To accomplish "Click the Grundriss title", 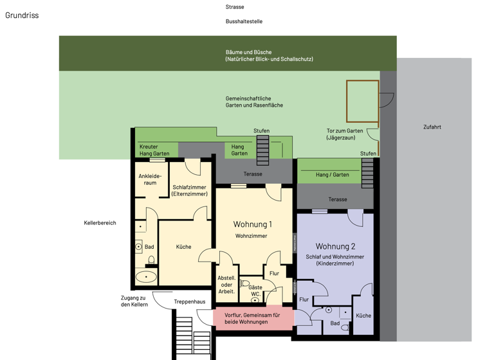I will pyautogui.click(x=22, y=15).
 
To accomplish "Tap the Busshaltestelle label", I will pyautogui.click(x=244, y=21).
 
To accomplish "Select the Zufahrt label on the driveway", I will pyautogui.click(x=432, y=127).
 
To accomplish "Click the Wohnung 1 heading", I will pyautogui.click(x=252, y=224).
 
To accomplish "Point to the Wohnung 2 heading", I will pyautogui.click(x=335, y=246).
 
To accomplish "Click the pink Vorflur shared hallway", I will pyautogui.click(x=253, y=318).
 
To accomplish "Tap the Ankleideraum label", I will pyautogui.click(x=150, y=179).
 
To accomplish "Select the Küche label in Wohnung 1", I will pyautogui.click(x=183, y=246).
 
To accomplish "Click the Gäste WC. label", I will pyautogui.click(x=255, y=291).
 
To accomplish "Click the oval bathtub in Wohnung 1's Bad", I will pyautogui.click(x=146, y=277).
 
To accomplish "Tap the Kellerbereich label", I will pyautogui.click(x=100, y=222).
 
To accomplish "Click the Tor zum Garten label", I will pyautogui.click(x=345, y=134).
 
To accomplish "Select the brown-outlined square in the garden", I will pyautogui.click(x=363, y=101).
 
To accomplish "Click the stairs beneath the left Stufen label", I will pyautogui.click(x=262, y=150).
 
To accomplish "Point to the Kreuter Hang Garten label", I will pyautogui.click(x=154, y=150).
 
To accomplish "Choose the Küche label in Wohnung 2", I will pyautogui.click(x=363, y=316).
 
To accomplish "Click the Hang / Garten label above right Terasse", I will pyautogui.click(x=332, y=174).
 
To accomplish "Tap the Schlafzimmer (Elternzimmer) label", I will pyautogui.click(x=190, y=190).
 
